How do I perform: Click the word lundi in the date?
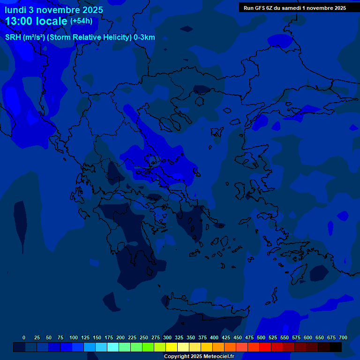15,10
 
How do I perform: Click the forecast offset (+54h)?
81,21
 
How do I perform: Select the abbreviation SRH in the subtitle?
14,37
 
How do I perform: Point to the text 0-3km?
144,37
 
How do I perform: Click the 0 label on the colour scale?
24,337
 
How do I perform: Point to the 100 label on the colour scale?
74,337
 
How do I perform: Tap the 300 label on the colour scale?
167,337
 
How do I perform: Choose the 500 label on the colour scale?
261,337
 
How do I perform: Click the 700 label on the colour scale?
343,337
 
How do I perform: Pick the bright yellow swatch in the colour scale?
172,347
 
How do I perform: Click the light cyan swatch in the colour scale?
113,347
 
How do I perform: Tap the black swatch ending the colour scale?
336,347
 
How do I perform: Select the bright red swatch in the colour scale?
265,347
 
